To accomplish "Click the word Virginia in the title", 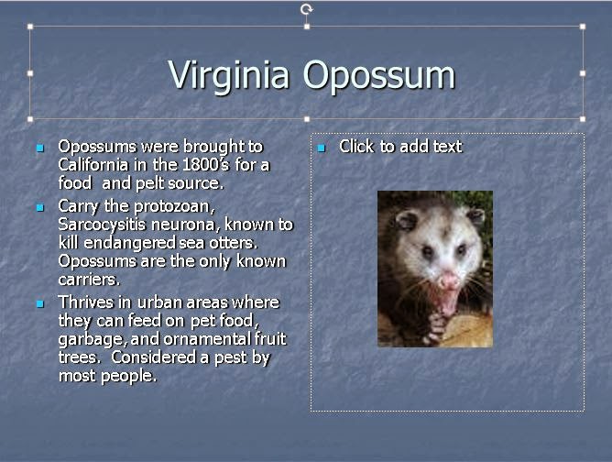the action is [229, 76].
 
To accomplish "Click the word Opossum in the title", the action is [379, 76].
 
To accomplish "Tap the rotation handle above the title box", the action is [307, 9].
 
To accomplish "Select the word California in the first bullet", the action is [93, 164].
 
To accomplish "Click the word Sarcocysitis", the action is [102, 225].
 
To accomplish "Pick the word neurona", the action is [185, 225].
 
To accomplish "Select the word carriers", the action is [89, 280].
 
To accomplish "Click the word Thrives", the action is [85, 302].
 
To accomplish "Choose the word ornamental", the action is [207, 339].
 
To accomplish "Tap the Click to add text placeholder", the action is [400, 147].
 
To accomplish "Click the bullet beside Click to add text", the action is [322, 148].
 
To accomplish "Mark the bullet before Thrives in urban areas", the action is [40, 303].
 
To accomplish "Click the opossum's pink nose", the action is [448, 280].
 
